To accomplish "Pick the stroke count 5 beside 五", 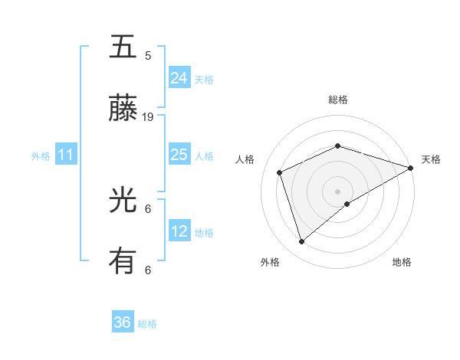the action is click(148, 55).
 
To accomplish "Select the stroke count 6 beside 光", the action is click(148, 208).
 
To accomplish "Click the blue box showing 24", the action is click(179, 77).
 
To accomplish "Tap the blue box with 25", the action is click(179, 155).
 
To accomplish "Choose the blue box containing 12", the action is click(179, 231).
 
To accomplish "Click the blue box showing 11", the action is click(66, 155).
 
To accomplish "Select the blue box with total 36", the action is click(123, 322).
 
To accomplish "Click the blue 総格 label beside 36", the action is click(147, 324).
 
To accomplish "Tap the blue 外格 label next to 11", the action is click(41, 156).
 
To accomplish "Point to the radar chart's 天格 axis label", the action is click(431, 159).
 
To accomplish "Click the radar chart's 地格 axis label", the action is click(402, 263).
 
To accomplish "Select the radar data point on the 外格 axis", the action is click(302, 241).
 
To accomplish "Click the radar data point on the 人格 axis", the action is click(280, 172).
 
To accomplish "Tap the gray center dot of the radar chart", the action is click(337, 191).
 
